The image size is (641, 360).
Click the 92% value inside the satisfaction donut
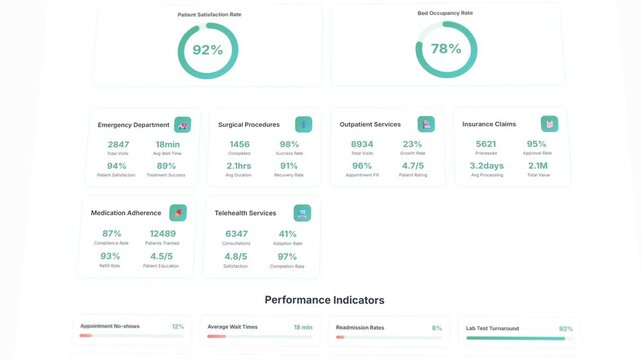[x=208, y=50]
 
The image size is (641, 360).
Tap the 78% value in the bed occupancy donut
[x=445, y=48]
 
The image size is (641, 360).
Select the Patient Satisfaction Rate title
[x=208, y=15]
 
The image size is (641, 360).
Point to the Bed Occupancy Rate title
[x=445, y=13]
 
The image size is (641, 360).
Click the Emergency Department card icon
[x=182, y=125]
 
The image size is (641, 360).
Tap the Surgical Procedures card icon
[x=303, y=124]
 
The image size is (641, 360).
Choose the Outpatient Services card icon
[x=427, y=124]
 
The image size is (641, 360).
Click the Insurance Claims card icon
[x=549, y=124]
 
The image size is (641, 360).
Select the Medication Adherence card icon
[x=178, y=213]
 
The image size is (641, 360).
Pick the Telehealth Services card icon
[x=302, y=213]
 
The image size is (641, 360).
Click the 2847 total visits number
[x=118, y=145]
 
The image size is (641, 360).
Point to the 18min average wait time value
[x=167, y=145]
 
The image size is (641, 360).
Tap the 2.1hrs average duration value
[x=239, y=166]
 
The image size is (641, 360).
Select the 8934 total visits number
[x=362, y=145]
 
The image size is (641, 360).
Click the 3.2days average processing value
[x=487, y=166]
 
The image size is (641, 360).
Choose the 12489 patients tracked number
[x=162, y=234]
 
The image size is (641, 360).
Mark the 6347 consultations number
[x=237, y=234]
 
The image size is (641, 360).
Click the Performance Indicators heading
[x=324, y=300]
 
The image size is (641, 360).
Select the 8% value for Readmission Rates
[x=437, y=327]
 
